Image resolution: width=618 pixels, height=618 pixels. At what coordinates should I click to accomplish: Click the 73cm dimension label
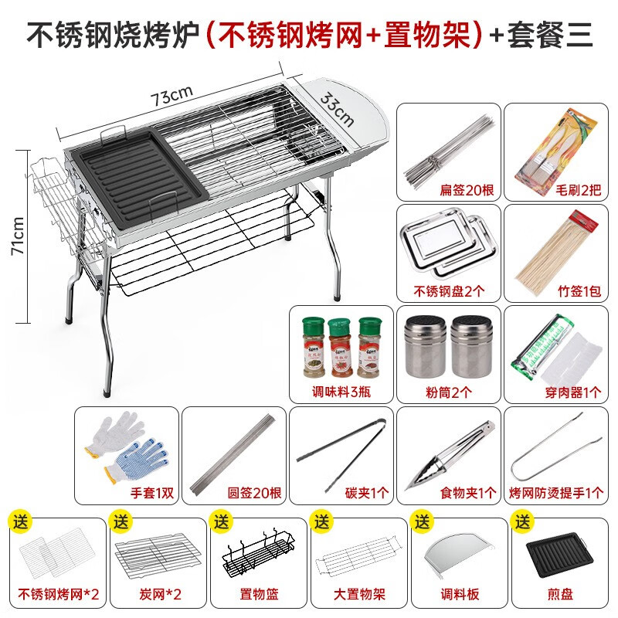tap(171, 97)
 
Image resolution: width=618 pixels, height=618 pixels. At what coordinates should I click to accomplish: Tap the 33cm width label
tap(338, 109)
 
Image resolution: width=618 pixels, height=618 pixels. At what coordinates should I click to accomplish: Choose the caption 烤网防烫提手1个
tap(555, 492)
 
